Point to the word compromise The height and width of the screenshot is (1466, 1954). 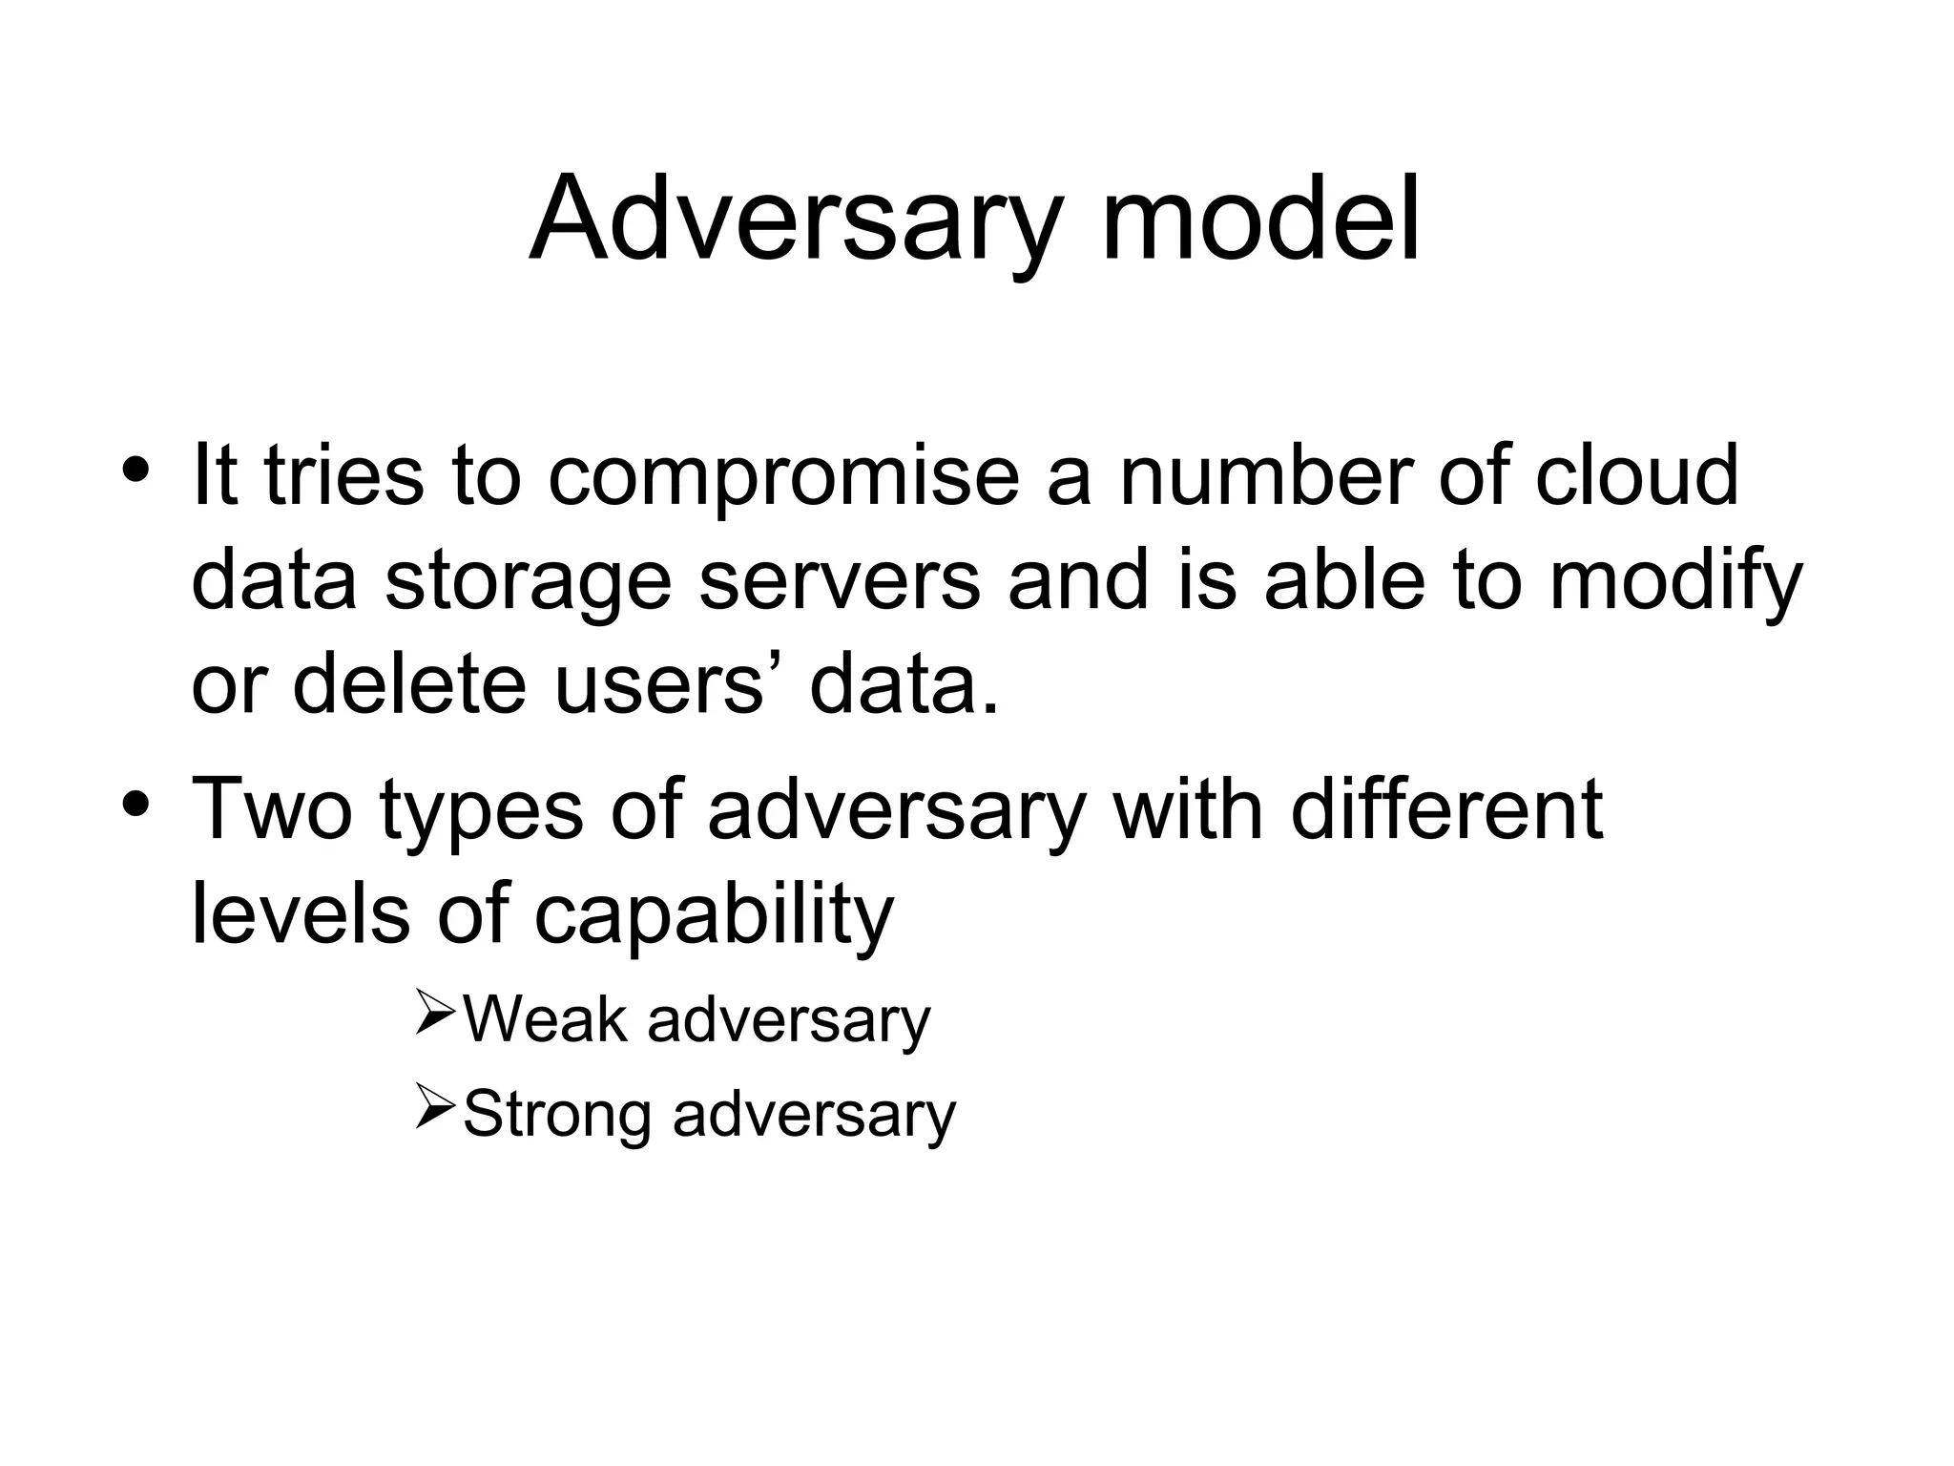(x=782, y=477)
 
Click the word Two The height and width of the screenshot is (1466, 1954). (x=272, y=808)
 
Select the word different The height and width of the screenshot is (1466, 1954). (x=1445, y=808)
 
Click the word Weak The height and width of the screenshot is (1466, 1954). (x=545, y=1019)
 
